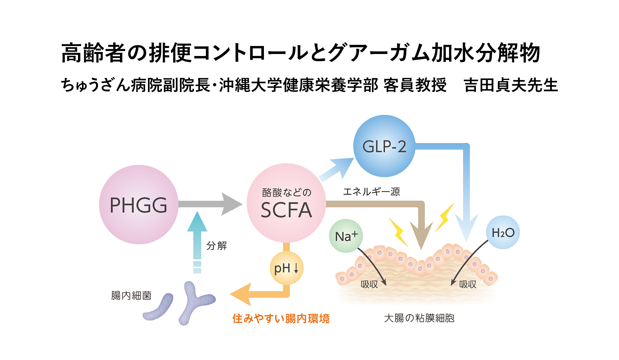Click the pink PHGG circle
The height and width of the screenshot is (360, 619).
pyautogui.click(x=138, y=204)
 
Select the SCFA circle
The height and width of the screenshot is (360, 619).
pyautogui.click(x=286, y=203)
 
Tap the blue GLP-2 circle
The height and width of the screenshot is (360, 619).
pyautogui.click(x=384, y=146)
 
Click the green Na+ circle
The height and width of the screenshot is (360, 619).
pyautogui.click(x=346, y=236)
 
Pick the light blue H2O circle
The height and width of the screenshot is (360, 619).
pyautogui.click(x=503, y=232)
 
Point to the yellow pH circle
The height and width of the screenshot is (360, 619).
pyautogui.click(x=286, y=268)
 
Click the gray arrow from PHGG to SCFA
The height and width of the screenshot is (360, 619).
pyautogui.click(x=210, y=204)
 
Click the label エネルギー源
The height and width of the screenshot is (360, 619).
pyautogui.click(x=371, y=192)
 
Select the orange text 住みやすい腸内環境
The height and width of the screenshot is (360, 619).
pyautogui.click(x=281, y=318)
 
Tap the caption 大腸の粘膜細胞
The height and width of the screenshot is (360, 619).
pyautogui.click(x=419, y=318)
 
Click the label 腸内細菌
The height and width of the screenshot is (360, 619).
pyautogui.click(x=131, y=296)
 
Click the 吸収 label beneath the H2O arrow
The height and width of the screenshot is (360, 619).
pyautogui.click(x=467, y=284)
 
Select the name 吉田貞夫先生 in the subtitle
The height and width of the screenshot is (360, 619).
pyautogui.click(x=511, y=85)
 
